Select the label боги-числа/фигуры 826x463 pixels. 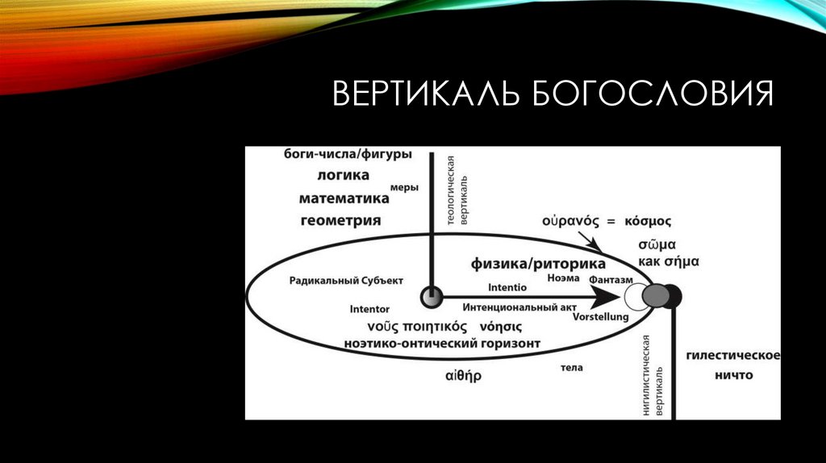tap(348, 154)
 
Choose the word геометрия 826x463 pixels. tap(341, 219)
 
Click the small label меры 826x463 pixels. tap(404, 188)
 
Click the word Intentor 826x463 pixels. tap(369, 309)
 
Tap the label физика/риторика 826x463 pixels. tap(538, 265)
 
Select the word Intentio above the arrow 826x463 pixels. tap(507, 287)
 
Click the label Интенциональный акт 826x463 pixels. tap(512, 308)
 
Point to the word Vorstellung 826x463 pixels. tap(600, 318)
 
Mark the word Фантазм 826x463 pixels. tap(610, 278)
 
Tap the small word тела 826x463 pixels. tap(571, 368)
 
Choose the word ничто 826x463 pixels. tap(733, 375)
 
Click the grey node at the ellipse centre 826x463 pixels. tap(432, 298)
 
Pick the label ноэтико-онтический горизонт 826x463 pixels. tap(443, 344)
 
